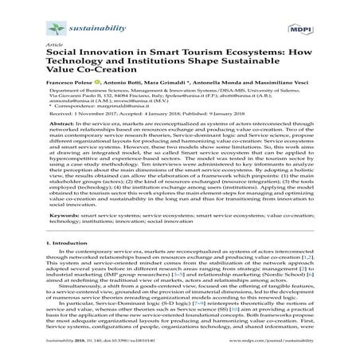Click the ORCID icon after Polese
(96, 82)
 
